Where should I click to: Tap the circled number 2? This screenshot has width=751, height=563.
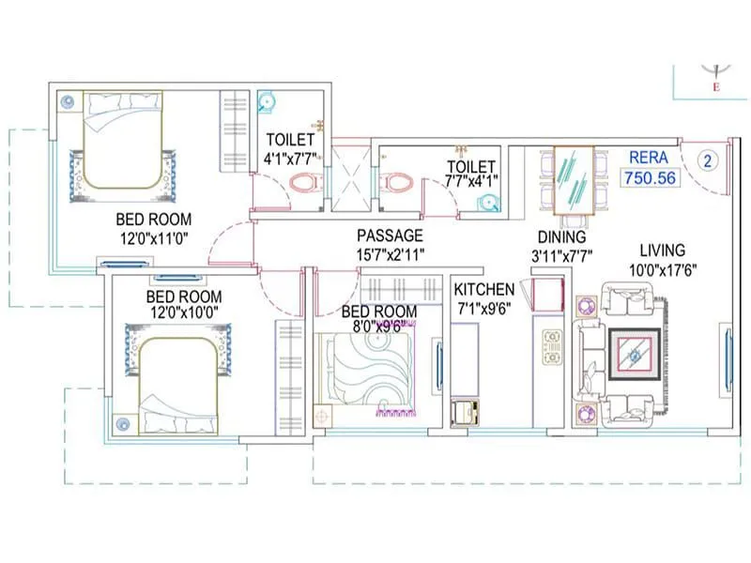click(x=708, y=160)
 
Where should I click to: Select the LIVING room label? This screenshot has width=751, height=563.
click(x=663, y=251)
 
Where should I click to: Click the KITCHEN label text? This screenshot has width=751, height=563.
click(x=483, y=289)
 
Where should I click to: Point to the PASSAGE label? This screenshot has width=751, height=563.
click(x=390, y=236)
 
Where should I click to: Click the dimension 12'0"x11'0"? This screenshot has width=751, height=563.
click(x=154, y=238)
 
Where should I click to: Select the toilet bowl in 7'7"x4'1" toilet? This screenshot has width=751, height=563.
click(x=397, y=181)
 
